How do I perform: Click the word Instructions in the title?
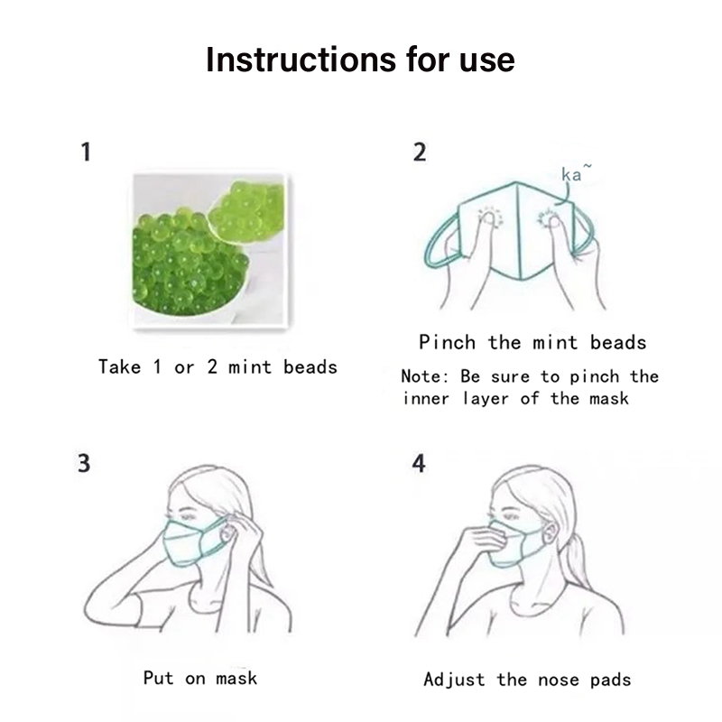(301, 60)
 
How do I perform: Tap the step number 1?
(86, 152)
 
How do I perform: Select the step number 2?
(420, 152)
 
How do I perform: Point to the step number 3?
(84, 463)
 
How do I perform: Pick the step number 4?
(419, 463)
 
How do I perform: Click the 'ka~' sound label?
(576, 172)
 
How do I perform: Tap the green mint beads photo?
(210, 251)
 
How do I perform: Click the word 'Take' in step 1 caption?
(120, 367)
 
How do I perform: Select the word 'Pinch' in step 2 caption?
(447, 343)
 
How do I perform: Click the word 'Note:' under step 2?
(424, 376)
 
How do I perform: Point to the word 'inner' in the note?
(426, 398)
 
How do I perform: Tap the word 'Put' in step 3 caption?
(159, 678)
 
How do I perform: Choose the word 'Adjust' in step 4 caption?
(454, 680)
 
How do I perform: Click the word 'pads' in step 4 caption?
(611, 680)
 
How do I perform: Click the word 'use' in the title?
(486, 60)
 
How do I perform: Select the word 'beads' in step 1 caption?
(310, 367)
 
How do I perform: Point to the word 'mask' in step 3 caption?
(236, 678)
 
